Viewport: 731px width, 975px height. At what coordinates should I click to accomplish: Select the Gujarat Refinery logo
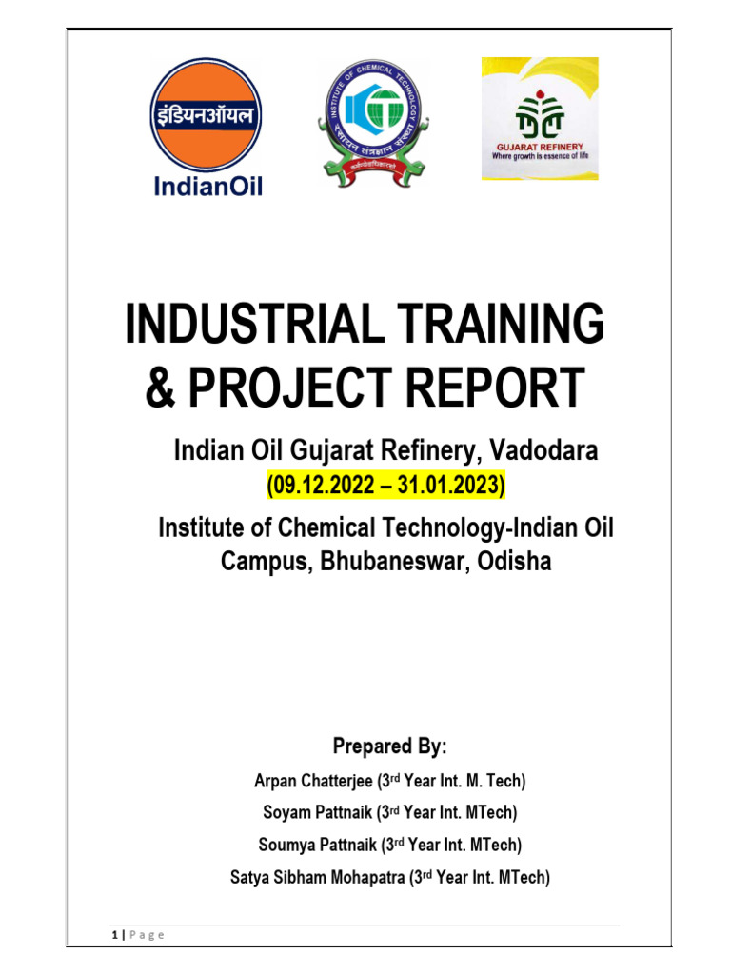point(539,118)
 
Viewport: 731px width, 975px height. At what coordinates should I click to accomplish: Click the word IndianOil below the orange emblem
point(207,186)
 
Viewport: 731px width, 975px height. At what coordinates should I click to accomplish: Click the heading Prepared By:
point(389,745)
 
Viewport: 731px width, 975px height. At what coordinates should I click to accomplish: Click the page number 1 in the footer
point(114,935)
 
